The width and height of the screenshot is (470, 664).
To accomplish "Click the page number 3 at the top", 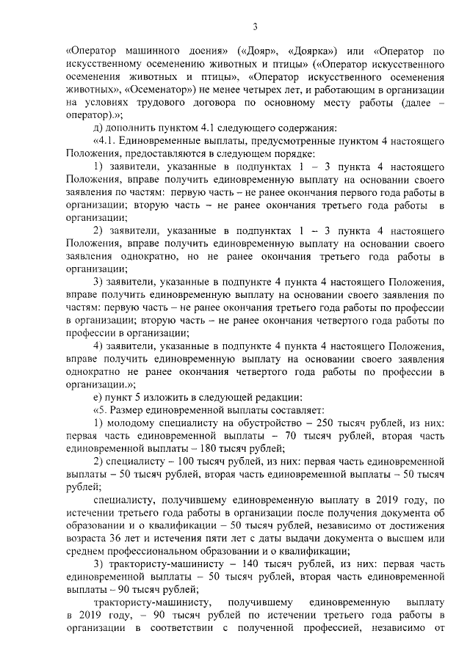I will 254,27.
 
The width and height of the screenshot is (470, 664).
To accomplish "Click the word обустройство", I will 255,423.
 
